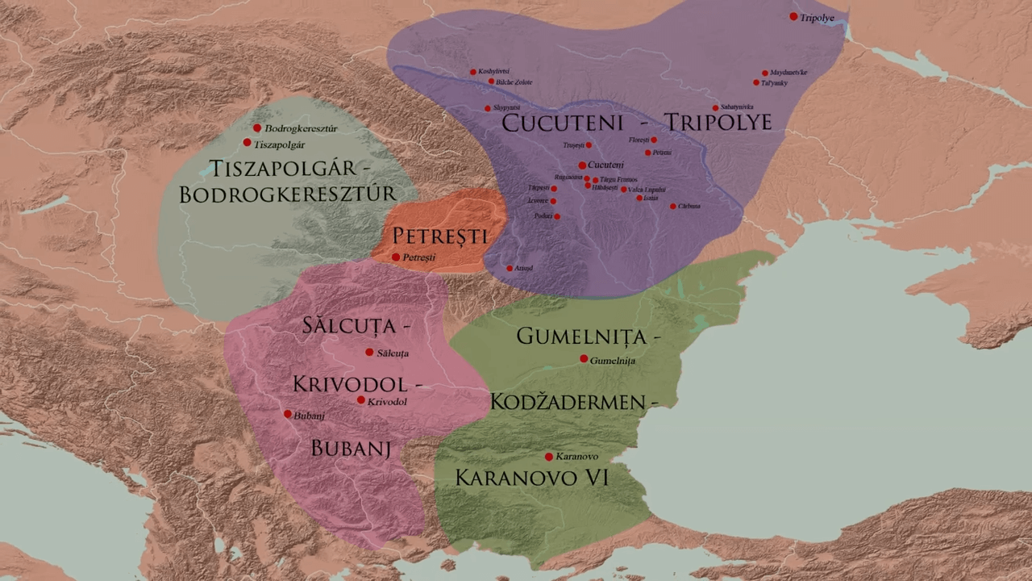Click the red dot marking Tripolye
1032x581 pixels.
[793, 16]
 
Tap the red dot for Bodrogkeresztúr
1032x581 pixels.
[257, 127]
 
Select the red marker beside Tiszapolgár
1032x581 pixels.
[247, 143]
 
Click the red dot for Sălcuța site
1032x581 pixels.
[369, 353]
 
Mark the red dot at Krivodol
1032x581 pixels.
[360, 400]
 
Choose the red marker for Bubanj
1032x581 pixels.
[288, 414]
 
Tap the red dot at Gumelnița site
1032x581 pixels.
[584, 359]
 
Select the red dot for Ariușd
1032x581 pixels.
[510, 268]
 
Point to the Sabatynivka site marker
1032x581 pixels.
[715, 108]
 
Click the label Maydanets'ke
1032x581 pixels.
[789, 73]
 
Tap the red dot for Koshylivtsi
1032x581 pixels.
[473, 72]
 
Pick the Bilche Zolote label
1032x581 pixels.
[514, 82]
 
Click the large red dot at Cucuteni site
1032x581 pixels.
[582, 165]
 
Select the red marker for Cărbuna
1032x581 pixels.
[673, 207]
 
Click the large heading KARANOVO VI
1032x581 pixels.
[531, 478]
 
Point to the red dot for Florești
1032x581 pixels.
[654, 140]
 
